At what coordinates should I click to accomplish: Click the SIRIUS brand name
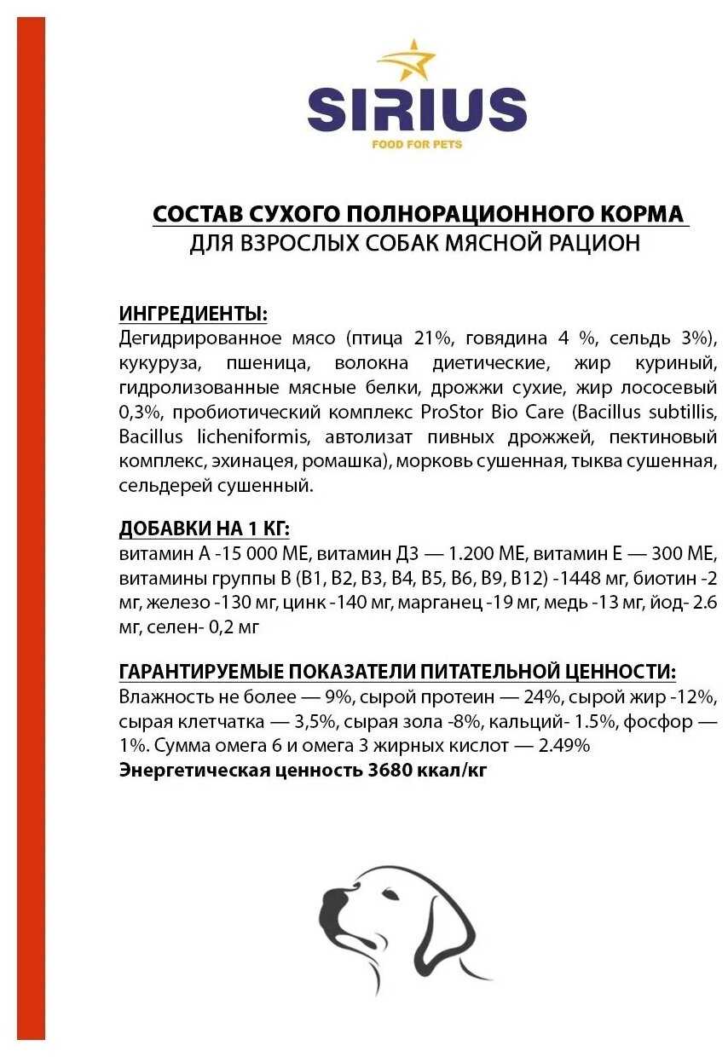pyautogui.click(x=417, y=110)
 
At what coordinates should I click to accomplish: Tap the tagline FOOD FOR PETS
pyautogui.click(x=417, y=144)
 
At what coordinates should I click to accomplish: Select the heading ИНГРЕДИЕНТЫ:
pyautogui.click(x=194, y=314)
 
